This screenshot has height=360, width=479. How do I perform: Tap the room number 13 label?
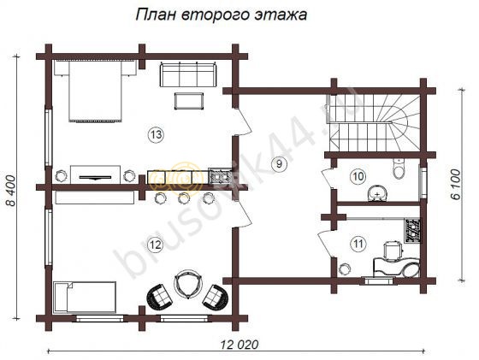pos(155,134)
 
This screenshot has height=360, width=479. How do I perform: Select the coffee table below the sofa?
pos(188,101)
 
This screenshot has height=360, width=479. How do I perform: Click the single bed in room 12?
pos(84,297)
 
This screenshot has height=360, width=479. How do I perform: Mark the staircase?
pos(374,121)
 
